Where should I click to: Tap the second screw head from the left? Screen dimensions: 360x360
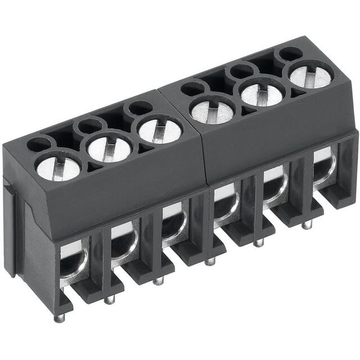pos(109,148)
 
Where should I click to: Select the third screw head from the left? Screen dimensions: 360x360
pos(160,130)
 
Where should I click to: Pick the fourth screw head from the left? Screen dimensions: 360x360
pos(212,110)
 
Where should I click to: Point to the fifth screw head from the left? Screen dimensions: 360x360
pos(262,93)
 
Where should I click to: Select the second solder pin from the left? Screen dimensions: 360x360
pos(109,299)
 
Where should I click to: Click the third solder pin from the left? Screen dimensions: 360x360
pos(159,280)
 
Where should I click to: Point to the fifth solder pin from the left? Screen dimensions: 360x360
pos(258,242)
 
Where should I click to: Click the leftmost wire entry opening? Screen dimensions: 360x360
pos(73,262)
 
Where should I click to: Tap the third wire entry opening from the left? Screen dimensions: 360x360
pos(172,224)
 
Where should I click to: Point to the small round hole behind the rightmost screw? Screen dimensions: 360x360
pos(291,54)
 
